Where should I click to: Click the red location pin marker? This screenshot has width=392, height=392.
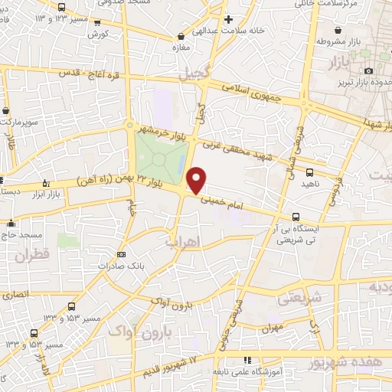[197, 179]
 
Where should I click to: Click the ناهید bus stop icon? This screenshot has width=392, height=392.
[309, 173]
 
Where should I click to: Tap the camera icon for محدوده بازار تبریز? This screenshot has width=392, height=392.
[370, 71]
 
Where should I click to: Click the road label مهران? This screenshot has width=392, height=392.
[272, 327]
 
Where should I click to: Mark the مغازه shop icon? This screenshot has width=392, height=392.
[181, 36]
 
